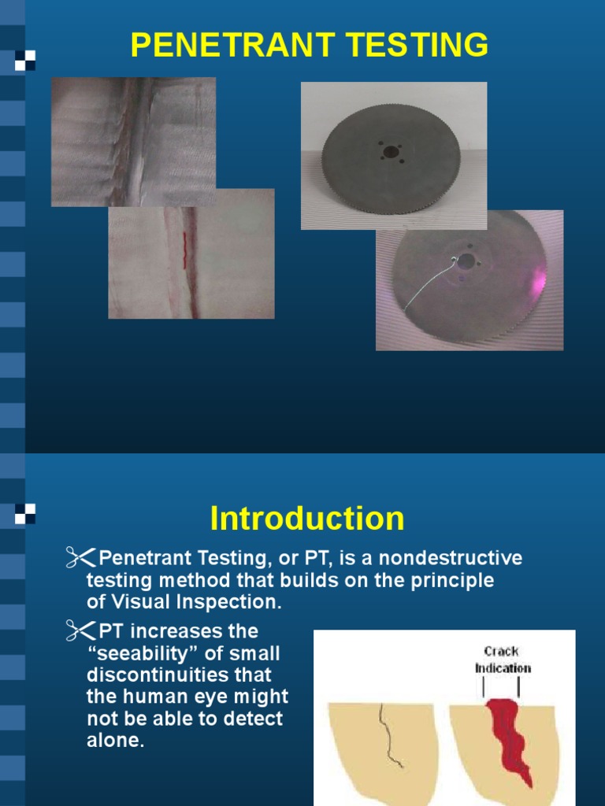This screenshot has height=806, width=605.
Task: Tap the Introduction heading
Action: coord(307,519)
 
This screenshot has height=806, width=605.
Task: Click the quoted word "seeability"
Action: coord(173,653)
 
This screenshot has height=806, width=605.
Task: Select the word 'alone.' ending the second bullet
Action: coord(116,741)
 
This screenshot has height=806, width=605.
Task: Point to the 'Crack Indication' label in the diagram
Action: coord(503,660)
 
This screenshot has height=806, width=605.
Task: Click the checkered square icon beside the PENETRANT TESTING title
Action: coord(24,59)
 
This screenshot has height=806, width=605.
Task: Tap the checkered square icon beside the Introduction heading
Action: coord(24,515)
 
